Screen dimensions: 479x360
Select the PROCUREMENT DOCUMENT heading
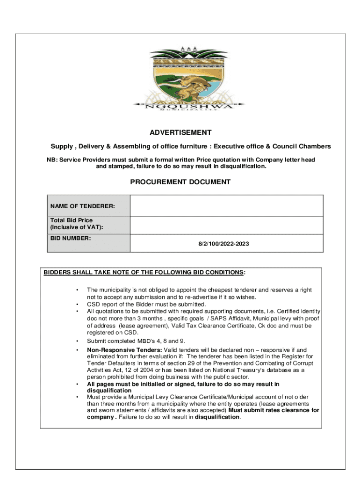(180, 182)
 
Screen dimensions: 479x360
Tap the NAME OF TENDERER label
(83, 206)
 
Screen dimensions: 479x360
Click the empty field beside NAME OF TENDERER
(226, 206)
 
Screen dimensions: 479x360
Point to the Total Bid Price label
(72, 220)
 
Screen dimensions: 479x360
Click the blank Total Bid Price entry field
(226, 225)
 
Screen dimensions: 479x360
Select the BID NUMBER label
(71, 238)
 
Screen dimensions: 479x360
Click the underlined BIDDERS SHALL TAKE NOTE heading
(144, 272)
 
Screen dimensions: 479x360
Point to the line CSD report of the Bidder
(146, 304)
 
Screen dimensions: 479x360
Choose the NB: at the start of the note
(52, 160)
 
